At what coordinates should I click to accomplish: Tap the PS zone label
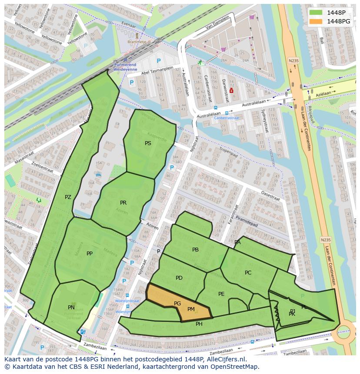(148, 143)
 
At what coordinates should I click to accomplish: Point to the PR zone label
(123, 203)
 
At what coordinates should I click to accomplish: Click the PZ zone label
(68, 197)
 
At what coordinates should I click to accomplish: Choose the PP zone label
(90, 253)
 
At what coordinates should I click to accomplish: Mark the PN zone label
(71, 307)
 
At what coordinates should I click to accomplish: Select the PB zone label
(195, 250)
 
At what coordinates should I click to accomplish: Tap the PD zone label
(179, 278)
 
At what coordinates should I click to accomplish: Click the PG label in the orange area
(177, 304)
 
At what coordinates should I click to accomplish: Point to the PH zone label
(199, 324)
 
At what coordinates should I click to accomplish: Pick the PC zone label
(248, 273)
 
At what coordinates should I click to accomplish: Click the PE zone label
(221, 294)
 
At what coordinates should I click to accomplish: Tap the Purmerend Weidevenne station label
(125, 66)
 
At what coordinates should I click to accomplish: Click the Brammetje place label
(137, 42)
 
